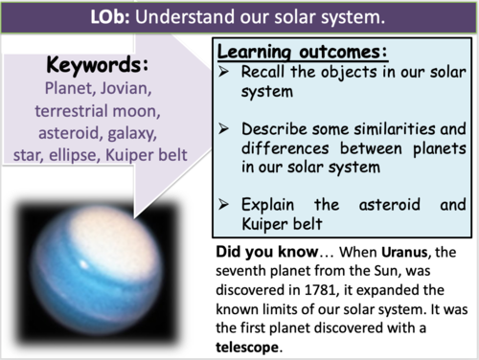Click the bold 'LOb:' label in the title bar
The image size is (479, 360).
(x=110, y=16)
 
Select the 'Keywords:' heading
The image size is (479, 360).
(x=98, y=65)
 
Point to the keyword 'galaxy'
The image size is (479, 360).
(x=132, y=133)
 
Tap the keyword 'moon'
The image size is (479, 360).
(x=136, y=111)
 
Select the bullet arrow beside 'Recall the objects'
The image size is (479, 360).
(x=223, y=72)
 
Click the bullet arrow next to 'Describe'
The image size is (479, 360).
(x=223, y=128)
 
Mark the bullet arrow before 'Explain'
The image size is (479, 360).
(x=223, y=204)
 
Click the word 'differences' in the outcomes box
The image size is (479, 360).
(x=285, y=148)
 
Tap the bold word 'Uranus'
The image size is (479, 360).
(x=404, y=252)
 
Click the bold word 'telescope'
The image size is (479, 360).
(x=247, y=347)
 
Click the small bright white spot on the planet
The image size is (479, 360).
(x=84, y=264)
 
